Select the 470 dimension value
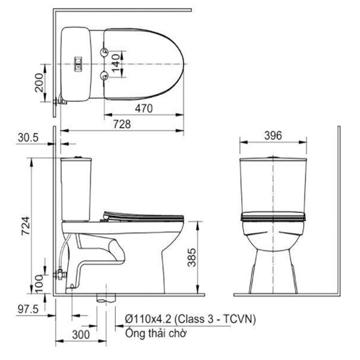(142, 109)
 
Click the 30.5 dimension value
(28, 138)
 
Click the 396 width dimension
(273, 136)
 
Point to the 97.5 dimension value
(26, 308)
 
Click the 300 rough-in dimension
(81, 334)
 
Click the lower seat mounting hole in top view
(106, 74)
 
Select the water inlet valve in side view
(59, 275)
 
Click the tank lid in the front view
(273, 159)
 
